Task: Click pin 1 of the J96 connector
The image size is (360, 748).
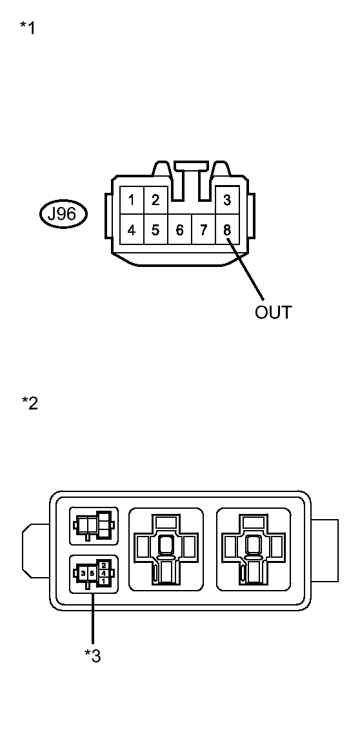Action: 132,201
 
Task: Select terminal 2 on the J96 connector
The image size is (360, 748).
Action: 155,201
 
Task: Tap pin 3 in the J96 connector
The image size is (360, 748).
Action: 227,201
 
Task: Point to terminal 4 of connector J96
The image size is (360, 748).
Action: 132,230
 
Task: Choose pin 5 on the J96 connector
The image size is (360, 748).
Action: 155,230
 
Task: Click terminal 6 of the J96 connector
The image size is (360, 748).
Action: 179,230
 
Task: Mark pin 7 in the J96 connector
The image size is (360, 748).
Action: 203,230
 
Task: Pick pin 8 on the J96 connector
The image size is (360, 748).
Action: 227,230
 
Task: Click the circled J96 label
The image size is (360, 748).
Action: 63,213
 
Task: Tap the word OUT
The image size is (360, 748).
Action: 273,313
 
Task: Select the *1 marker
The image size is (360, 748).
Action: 28,28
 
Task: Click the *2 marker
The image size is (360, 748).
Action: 30,403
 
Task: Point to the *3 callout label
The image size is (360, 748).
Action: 93,656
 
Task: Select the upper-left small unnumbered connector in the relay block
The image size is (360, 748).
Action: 94,526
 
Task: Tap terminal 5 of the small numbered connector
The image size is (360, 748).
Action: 92,573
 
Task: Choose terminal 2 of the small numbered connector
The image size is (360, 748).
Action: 104,566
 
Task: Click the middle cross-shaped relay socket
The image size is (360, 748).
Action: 166,549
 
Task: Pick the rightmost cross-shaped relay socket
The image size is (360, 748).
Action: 253,549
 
